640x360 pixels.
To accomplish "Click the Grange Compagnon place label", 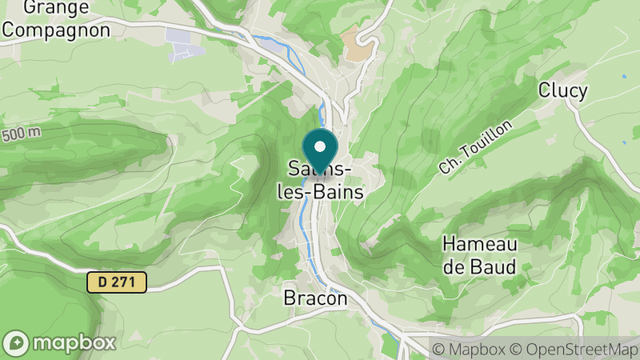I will [55, 18].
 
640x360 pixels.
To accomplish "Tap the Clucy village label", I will [563, 90].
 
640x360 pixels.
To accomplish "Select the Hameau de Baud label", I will [480, 255].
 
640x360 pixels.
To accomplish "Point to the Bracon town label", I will [316, 298].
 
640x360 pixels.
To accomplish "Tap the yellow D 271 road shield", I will [118, 282].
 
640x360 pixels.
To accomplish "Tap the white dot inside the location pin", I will [320, 146].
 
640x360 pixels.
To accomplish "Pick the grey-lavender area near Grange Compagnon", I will [180, 43].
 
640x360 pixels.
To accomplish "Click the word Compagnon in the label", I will [55, 29].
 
